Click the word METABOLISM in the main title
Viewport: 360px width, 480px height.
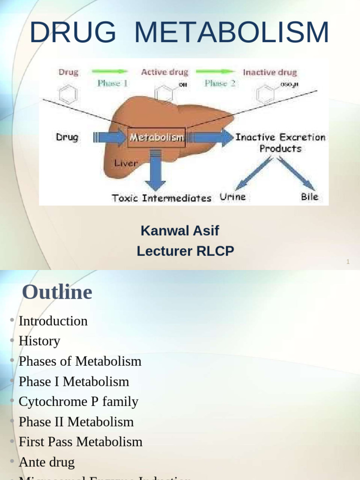(x=232, y=33)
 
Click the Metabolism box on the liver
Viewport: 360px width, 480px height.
(x=157, y=137)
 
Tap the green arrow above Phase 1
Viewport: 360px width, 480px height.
(x=110, y=72)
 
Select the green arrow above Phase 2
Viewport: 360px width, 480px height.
(x=215, y=72)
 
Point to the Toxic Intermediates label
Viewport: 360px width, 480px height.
(x=161, y=198)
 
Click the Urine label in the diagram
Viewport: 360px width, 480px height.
(x=232, y=197)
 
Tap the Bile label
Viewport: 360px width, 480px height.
(x=309, y=197)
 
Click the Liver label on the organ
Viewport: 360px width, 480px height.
(x=126, y=163)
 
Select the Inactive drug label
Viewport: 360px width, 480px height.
(x=270, y=73)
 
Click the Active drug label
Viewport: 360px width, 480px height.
(x=165, y=73)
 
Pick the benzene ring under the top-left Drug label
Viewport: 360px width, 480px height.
(x=68, y=94)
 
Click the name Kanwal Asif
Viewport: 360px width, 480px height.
(x=180, y=231)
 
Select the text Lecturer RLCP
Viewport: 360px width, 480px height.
(x=185, y=251)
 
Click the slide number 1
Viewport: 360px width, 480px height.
(x=348, y=262)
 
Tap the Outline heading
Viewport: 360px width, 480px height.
(x=57, y=292)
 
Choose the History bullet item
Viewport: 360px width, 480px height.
(x=39, y=341)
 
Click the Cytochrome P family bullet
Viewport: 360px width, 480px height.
(x=78, y=401)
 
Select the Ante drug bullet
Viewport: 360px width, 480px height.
(x=46, y=462)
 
